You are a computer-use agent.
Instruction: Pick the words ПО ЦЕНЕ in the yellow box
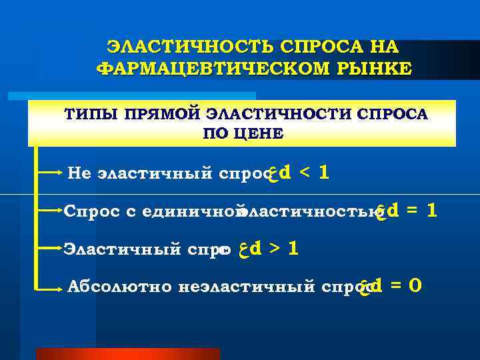pyautogui.click(x=242, y=133)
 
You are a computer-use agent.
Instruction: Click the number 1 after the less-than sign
pyautogui.click(x=323, y=173)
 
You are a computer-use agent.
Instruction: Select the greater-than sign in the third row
pyautogui.click(x=274, y=249)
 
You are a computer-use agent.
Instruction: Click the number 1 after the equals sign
pyautogui.click(x=432, y=210)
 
